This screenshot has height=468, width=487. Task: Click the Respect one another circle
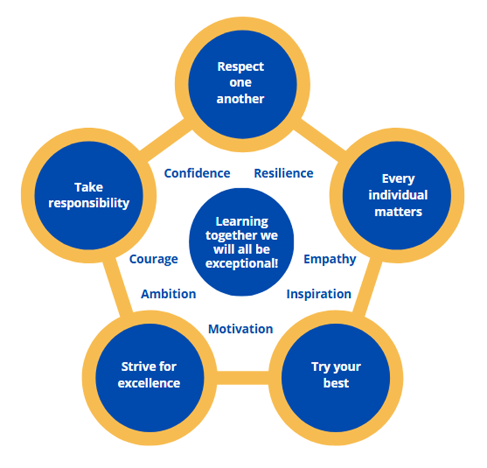[241, 83]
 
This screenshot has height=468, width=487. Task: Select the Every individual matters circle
[397, 195]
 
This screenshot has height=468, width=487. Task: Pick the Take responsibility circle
[89, 195]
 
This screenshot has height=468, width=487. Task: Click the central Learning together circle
[241, 242]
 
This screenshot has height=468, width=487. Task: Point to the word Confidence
[197, 173]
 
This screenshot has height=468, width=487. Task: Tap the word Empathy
[329, 259]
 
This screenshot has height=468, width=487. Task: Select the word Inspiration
[319, 294]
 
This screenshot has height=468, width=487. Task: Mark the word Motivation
[241, 329]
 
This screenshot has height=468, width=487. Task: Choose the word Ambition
[168, 294]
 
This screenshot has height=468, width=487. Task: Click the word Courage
[153, 259]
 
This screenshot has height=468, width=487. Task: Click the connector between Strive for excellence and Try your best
[243, 377]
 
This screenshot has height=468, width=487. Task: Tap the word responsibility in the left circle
[89, 203]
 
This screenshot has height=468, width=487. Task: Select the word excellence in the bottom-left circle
[149, 383]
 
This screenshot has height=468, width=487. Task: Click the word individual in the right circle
[397, 195]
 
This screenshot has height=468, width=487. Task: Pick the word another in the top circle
[241, 99]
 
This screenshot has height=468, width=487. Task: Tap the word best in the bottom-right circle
[336, 383]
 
